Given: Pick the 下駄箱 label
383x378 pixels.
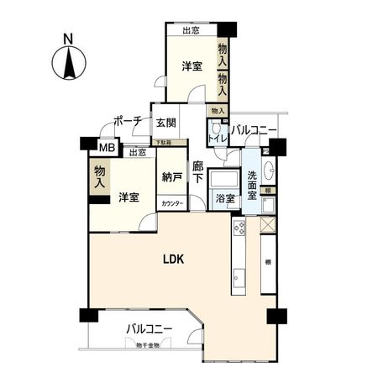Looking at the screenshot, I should point(165,144).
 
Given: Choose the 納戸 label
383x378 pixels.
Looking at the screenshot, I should point(171,176).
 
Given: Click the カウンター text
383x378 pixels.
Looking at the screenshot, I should point(171,203).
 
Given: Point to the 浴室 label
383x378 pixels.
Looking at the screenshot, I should point(224,199).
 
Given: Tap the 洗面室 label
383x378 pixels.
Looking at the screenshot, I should point(252,186).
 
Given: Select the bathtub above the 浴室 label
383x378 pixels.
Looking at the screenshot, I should point(224,180).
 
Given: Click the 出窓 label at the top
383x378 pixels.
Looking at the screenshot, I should point(189,30).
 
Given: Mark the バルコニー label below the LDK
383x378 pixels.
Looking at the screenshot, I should point(150,329).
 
